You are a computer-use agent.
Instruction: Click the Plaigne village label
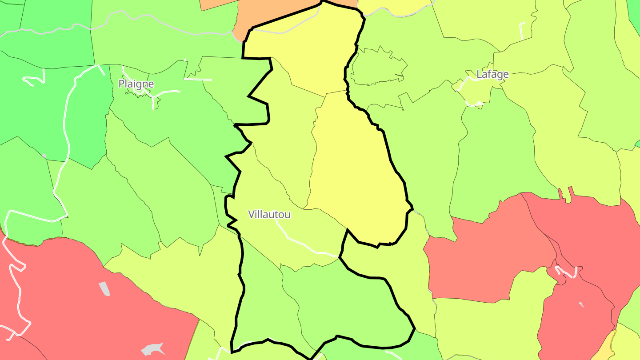(x=136, y=84)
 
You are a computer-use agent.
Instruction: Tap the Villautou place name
(x=269, y=214)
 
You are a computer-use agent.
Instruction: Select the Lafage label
(x=492, y=74)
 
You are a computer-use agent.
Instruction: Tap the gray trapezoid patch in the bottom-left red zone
(x=104, y=289)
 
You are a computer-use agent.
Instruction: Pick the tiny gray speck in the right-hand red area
(x=581, y=304)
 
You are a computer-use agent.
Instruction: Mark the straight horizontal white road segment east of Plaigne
(x=198, y=80)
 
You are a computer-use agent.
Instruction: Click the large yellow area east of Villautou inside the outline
(x=356, y=178)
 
